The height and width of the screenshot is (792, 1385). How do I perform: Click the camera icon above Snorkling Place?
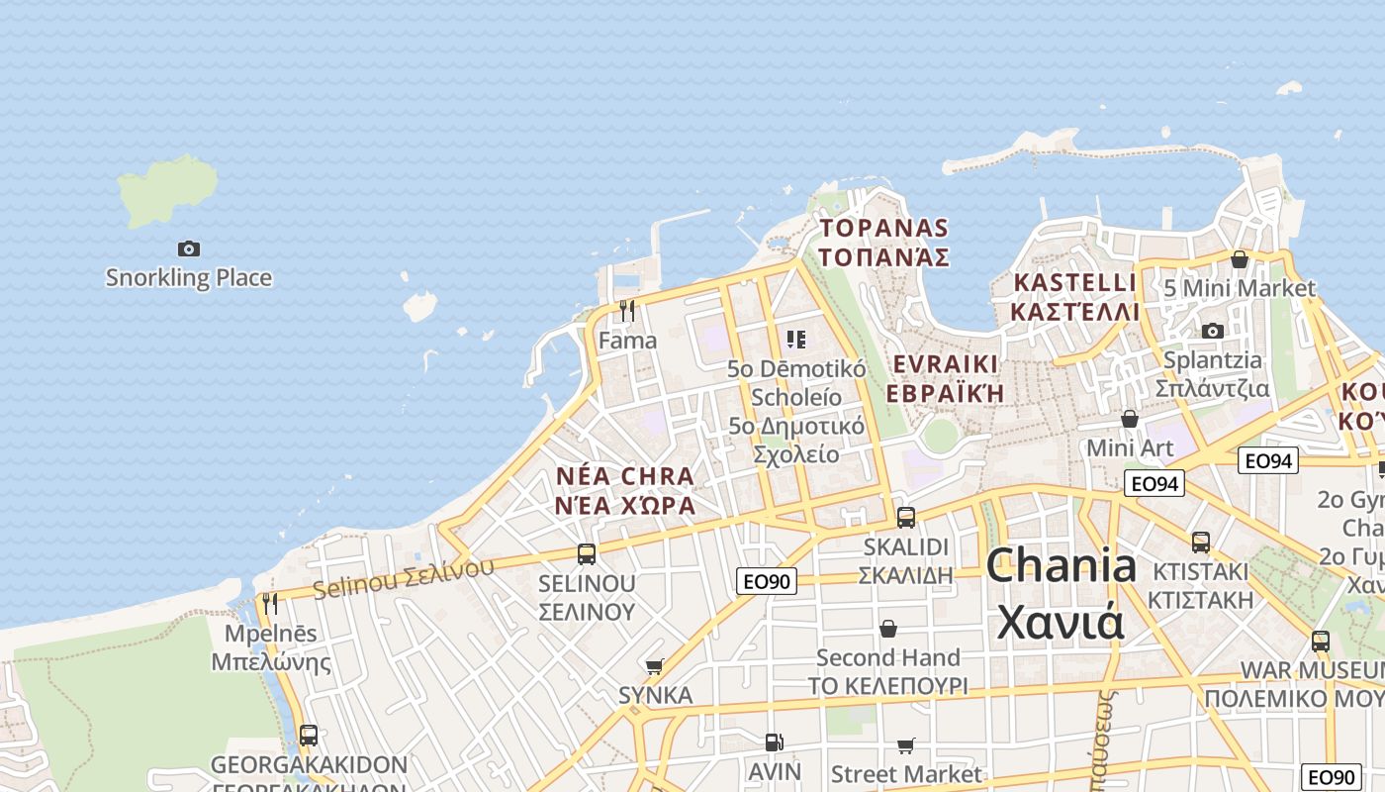pos(188,248)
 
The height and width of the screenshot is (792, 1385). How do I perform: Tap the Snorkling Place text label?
pos(188,278)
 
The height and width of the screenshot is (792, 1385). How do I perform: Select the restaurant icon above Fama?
pos(626,311)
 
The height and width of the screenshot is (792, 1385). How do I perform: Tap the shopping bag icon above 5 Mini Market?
pos(1239,259)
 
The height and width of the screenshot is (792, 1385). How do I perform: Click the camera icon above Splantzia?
pos(1212,331)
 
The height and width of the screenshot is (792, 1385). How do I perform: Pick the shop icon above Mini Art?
pos(1129,419)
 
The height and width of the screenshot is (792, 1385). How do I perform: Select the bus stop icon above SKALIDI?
pos(905,517)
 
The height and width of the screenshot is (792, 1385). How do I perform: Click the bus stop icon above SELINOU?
pos(587,553)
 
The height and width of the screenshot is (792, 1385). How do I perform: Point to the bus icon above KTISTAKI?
pos(1200,542)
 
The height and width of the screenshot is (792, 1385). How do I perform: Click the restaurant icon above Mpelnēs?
pos(269,603)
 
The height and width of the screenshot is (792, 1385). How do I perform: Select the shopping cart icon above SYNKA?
pos(654,666)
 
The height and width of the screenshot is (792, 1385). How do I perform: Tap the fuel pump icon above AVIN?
pos(774,742)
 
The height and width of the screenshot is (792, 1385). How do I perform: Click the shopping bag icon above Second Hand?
pos(888,629)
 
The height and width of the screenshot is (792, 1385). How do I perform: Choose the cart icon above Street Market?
pos(905,745)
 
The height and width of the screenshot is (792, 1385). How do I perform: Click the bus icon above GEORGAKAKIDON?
pos(309,735)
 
